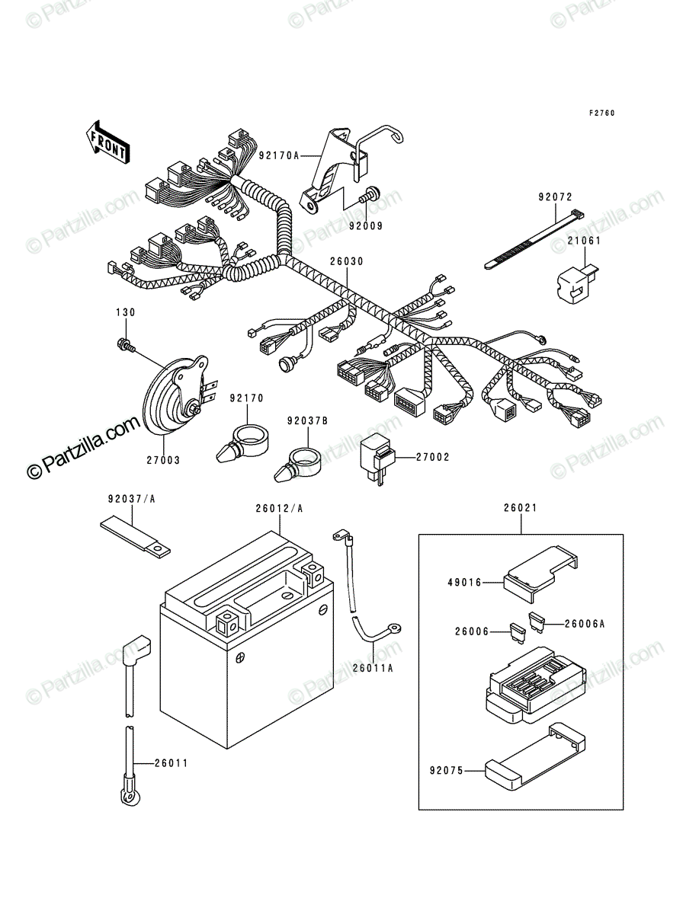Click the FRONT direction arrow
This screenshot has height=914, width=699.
coord(108,142)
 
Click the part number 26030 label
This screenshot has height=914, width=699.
coord(347,261)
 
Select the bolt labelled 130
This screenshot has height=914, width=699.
coord(126,344)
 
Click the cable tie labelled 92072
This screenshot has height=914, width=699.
coord(534,240)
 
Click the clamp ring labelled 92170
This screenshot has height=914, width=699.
coord(243,443)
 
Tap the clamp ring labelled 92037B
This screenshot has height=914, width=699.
coord(298,465)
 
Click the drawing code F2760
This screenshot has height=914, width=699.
coord(602,113)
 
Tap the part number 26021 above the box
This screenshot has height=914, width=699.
coord(521,508)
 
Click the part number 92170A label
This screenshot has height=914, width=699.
coord(279,155)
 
